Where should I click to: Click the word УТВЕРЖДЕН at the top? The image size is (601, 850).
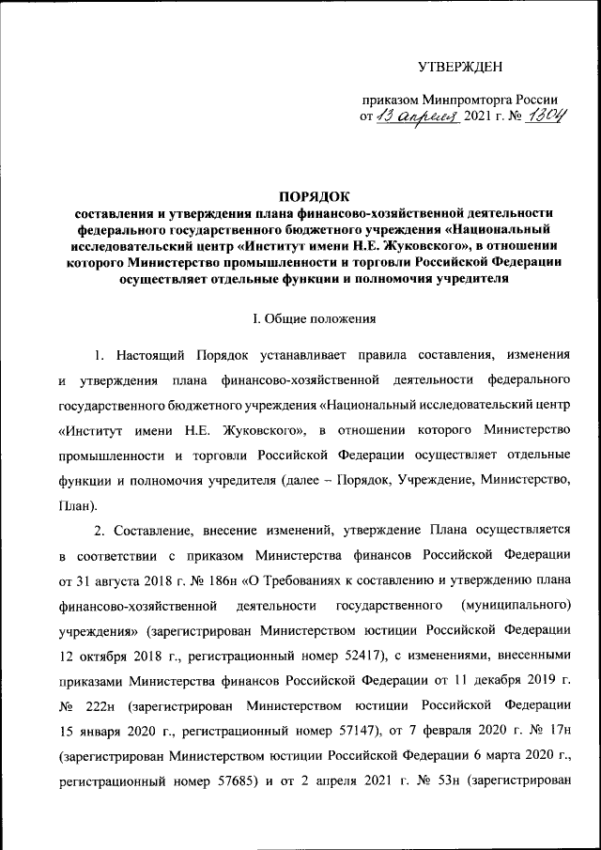(460, 65)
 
